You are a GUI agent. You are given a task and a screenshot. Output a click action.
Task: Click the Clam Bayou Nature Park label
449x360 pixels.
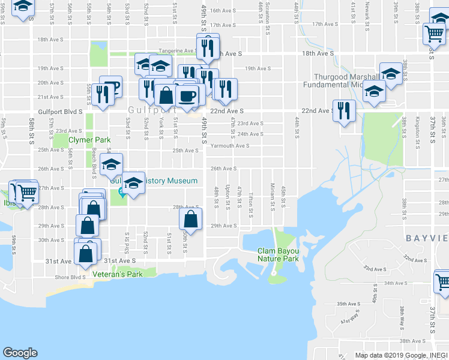(278, 255)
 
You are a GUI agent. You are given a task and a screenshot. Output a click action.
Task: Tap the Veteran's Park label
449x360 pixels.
(118, 274)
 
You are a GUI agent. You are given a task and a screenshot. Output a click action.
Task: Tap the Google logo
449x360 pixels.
(20, 353)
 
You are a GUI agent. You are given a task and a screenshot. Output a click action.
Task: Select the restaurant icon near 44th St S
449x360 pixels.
(344, 110)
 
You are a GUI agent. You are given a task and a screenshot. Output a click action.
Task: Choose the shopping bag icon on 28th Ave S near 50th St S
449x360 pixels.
(190, 219)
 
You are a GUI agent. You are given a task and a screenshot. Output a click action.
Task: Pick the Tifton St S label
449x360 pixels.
(250, 200)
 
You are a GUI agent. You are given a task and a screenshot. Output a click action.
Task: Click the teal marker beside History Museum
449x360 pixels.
(122, 192)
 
